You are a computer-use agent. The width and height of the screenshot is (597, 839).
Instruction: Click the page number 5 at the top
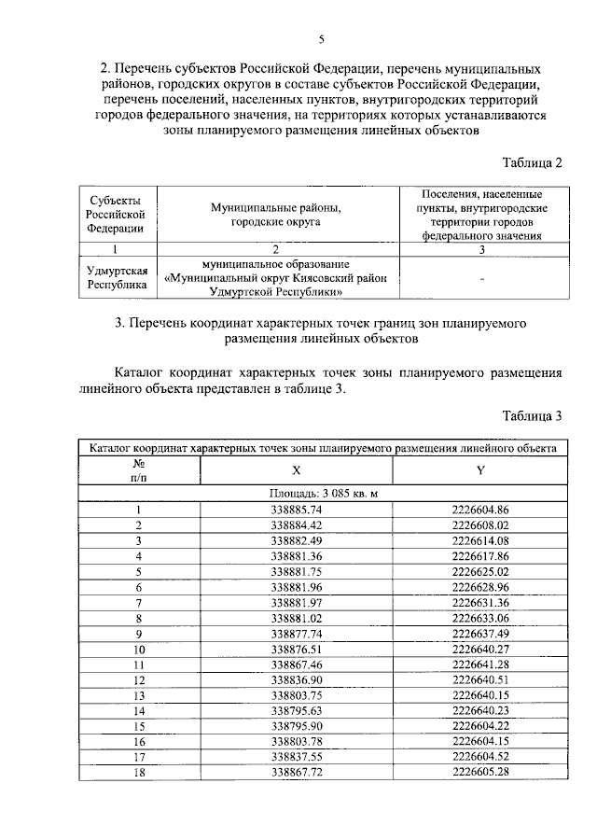point(322,39)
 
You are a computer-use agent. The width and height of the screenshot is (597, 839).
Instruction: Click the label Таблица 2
point(532,162)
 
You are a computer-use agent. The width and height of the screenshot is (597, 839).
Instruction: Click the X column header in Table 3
point(297,470)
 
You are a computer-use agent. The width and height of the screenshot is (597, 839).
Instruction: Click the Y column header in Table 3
point(480,470)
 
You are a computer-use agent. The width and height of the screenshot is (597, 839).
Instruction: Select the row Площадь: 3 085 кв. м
point(323,494)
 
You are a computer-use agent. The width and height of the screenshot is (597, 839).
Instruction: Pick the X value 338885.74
point(297,510)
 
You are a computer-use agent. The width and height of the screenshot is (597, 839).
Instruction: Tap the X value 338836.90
point(297,678)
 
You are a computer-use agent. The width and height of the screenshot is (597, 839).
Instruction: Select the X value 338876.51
point(297,648)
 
